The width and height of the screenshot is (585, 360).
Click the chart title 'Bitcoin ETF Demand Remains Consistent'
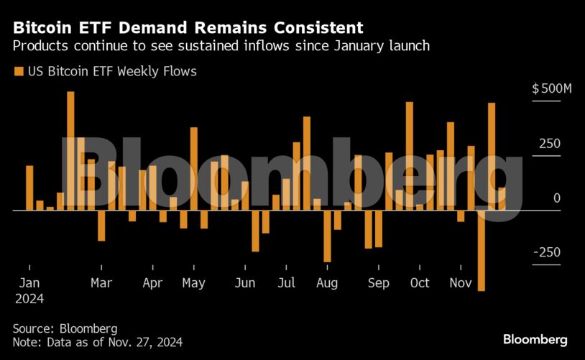click(188, 28)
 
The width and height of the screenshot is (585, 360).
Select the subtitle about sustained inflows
click(221, 46)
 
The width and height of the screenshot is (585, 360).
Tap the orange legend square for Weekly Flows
click(18, 72)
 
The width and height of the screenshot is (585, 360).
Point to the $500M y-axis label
click(551, 89)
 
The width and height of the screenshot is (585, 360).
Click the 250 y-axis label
click(549, 144)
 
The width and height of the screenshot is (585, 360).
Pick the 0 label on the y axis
click(556, 198)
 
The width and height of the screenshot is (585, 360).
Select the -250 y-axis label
click(546, 252)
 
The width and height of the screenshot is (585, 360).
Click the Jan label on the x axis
click(29, 283)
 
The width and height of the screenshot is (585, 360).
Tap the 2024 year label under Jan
click(29, 299)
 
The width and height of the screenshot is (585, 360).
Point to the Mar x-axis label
click(101, 283)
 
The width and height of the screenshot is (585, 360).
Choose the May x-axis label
click(193, 283)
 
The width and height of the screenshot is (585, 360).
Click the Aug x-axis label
click(327, 283)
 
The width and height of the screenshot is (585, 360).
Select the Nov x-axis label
click(460, 283)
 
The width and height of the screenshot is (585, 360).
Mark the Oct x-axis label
click(420, 283)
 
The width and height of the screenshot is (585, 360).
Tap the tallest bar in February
click(70, 151)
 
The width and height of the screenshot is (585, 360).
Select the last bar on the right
click(502, 199)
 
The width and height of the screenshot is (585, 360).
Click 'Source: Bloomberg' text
click(65, 328)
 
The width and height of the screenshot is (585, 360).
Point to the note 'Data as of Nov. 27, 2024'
click(97, 343)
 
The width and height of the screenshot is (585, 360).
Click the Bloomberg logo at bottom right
click(535, 339)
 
